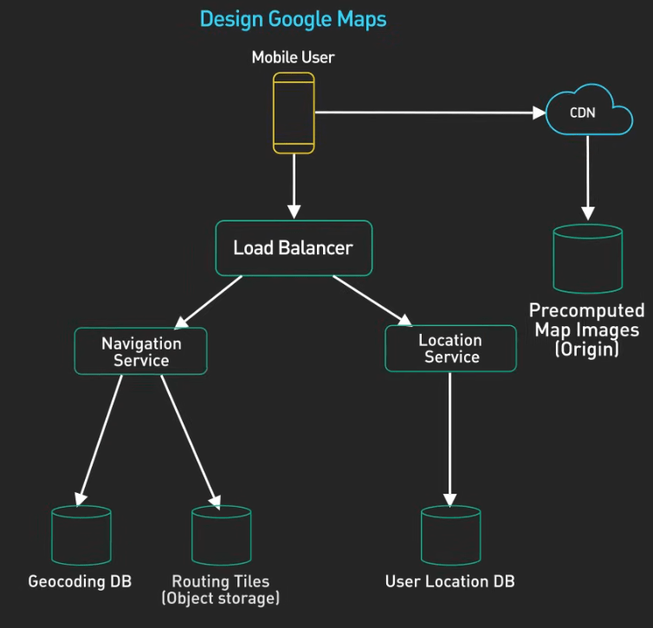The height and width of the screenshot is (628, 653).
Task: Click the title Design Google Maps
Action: click(293, 18)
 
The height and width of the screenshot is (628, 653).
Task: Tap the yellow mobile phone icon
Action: click(294, 112)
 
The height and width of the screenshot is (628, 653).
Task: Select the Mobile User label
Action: click(293, 58)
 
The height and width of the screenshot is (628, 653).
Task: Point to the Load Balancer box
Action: click(294, 248)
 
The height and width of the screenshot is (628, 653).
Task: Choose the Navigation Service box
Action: click(141, 351)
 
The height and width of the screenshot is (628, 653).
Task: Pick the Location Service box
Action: click(450, 349)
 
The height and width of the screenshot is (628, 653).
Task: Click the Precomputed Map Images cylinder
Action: click(588, 259)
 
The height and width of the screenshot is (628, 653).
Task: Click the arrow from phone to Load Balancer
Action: click(294, 186)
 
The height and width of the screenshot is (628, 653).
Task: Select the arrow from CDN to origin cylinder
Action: click(588, 177)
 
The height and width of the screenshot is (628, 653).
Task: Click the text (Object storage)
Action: click(221, 598)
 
